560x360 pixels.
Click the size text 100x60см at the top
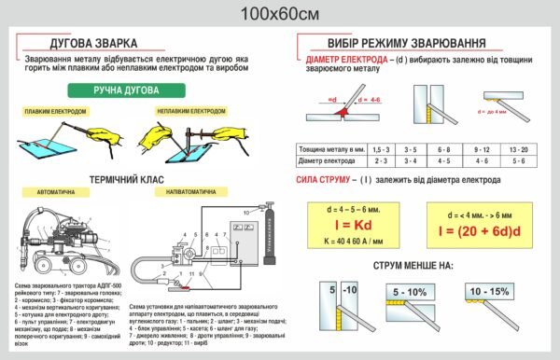coord(279,13)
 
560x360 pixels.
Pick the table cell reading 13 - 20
coord(518,149)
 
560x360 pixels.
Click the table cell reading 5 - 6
coord(518,160)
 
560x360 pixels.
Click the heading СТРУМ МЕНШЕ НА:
coord(413,265)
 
